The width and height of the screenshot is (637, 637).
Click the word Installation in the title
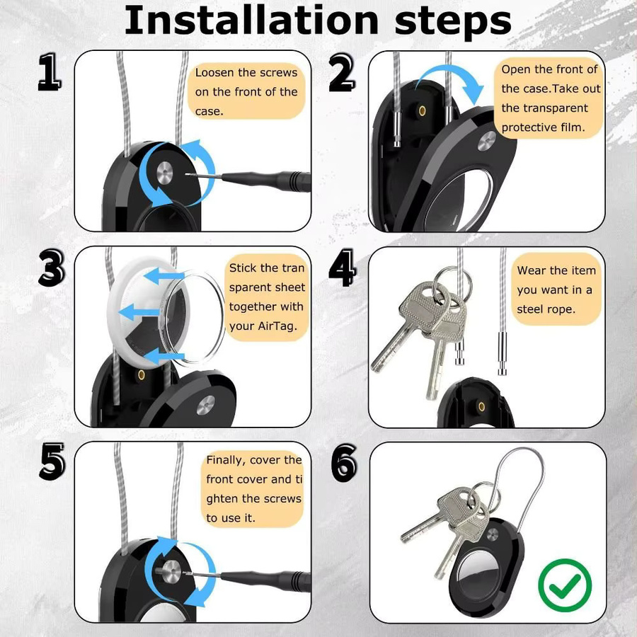[x=251, y=21]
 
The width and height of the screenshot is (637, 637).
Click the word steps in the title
[x=452, y=23]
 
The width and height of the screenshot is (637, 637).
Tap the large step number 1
[x=50, y=72]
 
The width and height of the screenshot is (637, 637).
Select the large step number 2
[x=342, y=73]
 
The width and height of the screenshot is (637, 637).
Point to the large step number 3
[x=52, y=268]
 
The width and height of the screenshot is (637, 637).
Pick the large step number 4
[x=343, y=268]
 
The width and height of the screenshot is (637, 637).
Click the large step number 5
[x=52, y=461]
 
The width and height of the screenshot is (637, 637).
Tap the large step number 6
[x=344, y=463]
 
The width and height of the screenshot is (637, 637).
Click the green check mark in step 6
[x=565, y=585]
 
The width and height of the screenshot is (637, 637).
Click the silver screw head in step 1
[x=164, y=173]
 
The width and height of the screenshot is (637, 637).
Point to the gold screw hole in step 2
[x=422, y=111]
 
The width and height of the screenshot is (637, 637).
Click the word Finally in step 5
[x=226, y=460]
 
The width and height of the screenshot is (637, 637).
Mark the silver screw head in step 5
[x=171, y=572]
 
